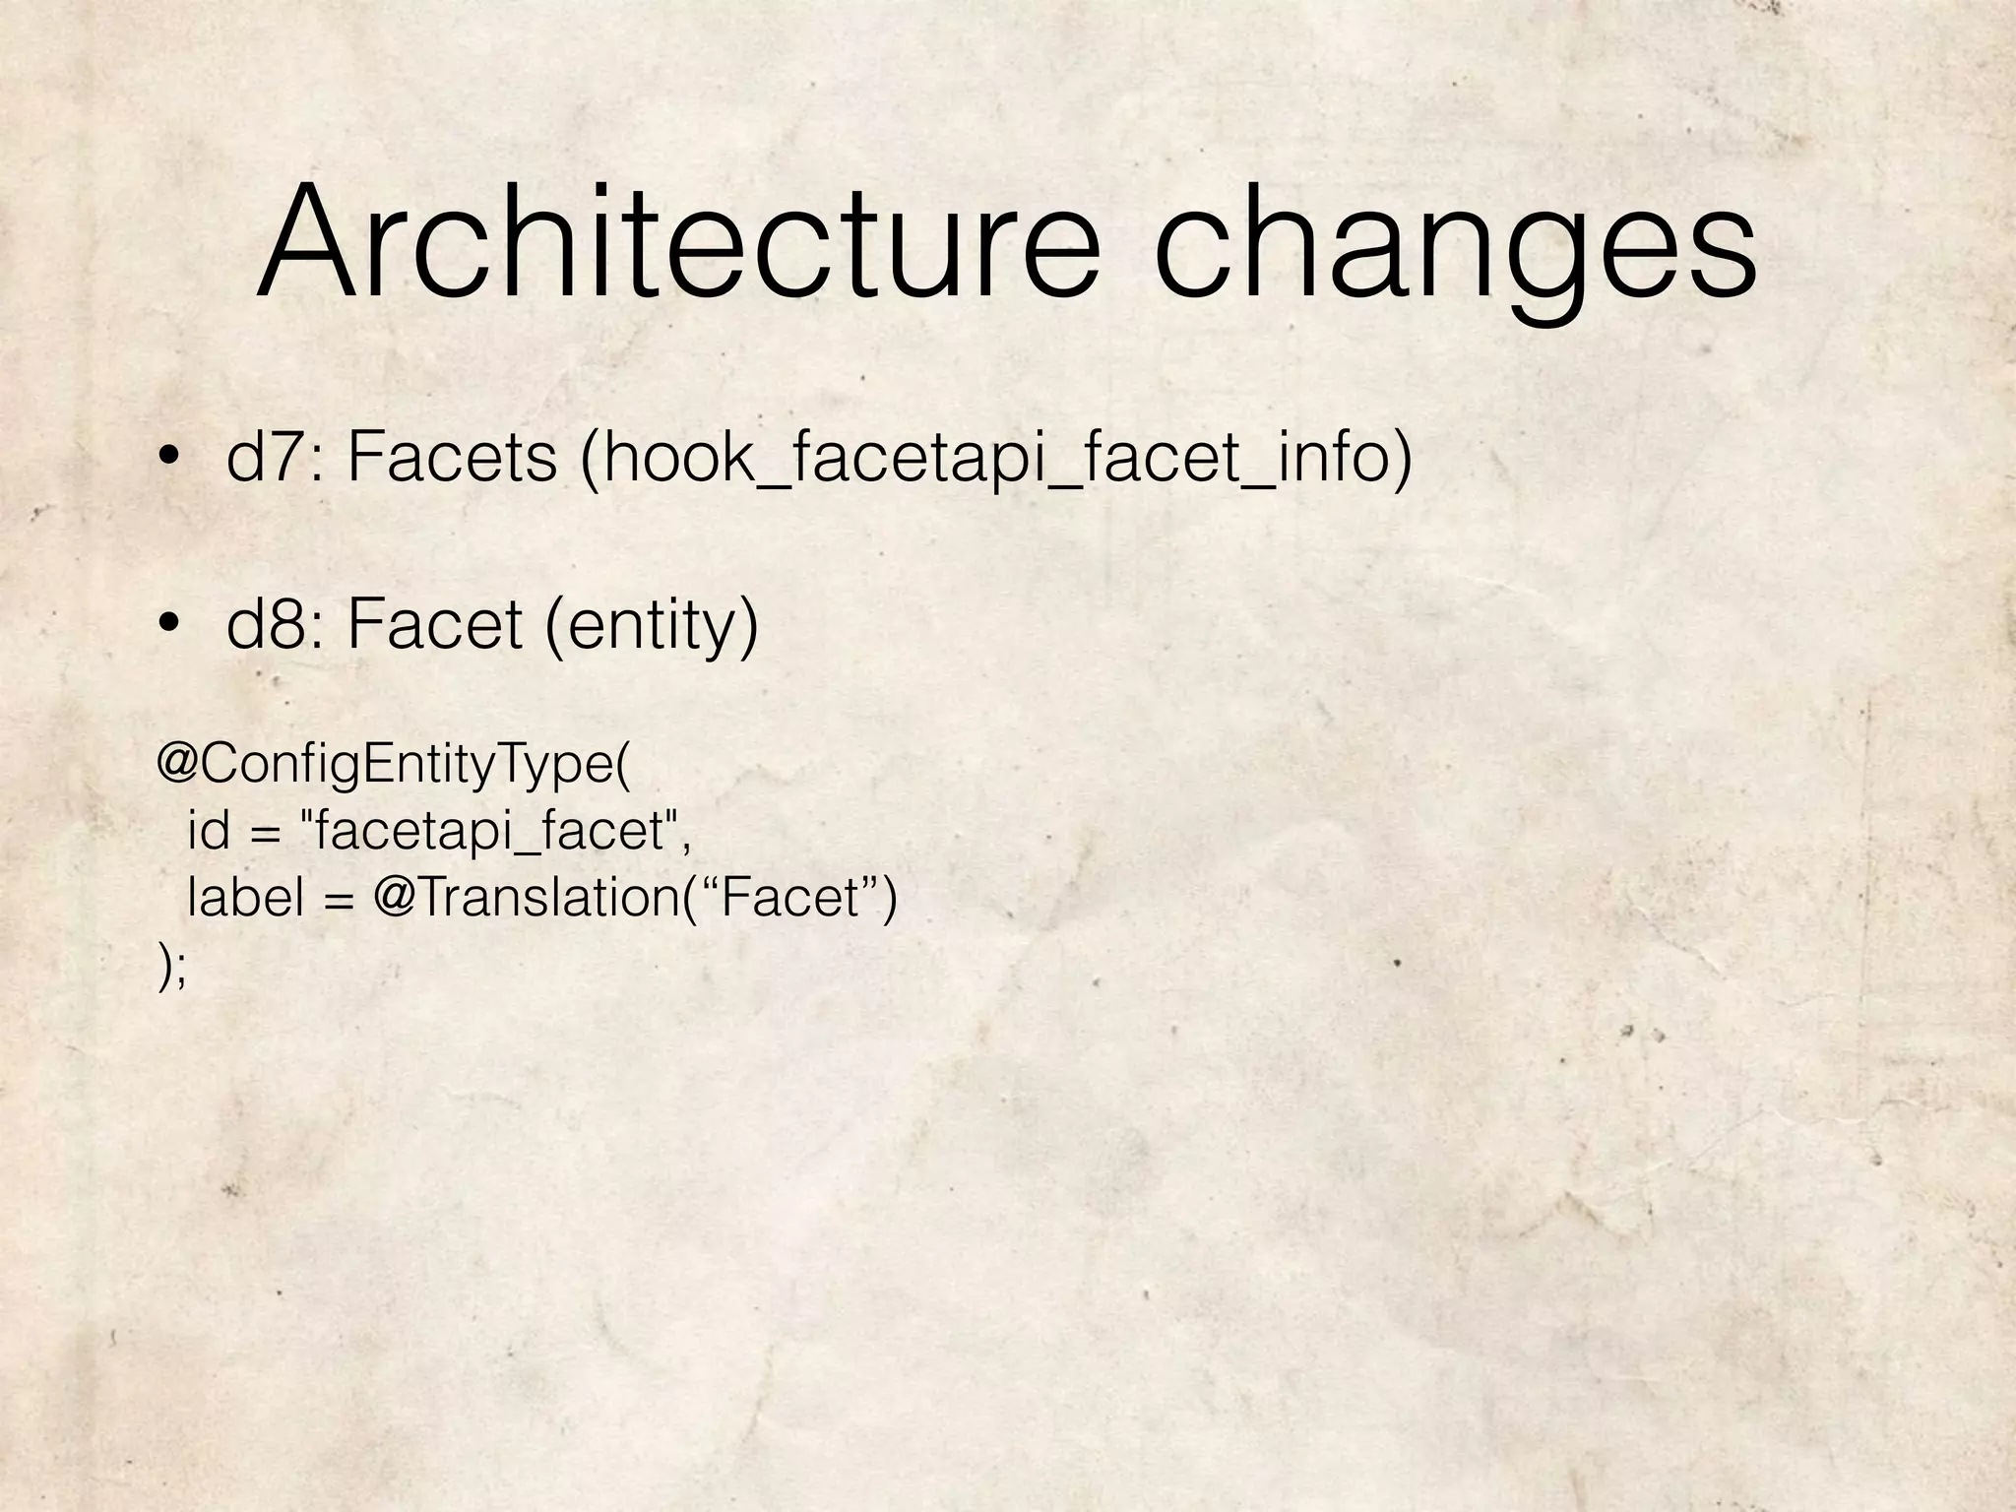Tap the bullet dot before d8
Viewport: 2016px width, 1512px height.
[x=170, y=623]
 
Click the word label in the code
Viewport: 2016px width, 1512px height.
[x=245, y=897]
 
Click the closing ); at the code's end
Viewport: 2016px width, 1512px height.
[x=171, y=966]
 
